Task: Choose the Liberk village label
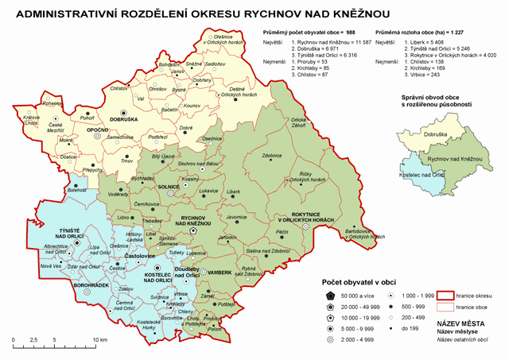(233, 192)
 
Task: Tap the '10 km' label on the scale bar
(99, 339)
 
